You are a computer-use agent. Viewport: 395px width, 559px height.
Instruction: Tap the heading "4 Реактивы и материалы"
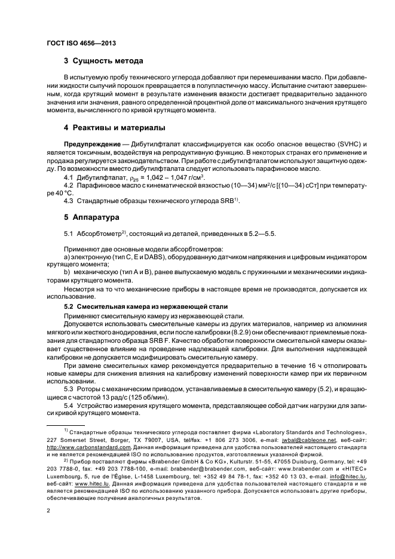(115, 128)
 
